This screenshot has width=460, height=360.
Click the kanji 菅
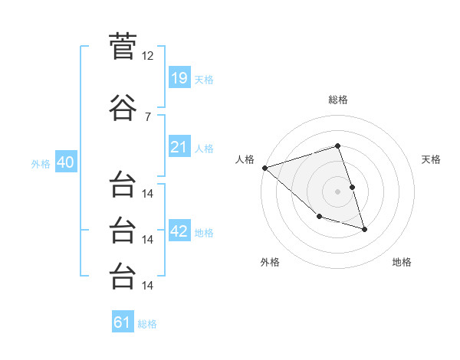123,46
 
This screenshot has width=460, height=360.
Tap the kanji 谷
123,107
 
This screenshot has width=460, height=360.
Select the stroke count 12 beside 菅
147,56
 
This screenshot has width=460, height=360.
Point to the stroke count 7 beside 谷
148,117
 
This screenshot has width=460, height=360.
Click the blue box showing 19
179,77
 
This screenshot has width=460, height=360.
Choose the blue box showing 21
179,146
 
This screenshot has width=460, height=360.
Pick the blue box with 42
179,230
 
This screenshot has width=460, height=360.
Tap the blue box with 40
66,162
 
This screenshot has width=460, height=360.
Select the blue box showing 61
123,321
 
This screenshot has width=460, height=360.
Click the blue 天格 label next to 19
204,80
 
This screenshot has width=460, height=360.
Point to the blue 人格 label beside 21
204,149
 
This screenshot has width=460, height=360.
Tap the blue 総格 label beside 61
147,324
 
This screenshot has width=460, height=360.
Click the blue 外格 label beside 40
41,164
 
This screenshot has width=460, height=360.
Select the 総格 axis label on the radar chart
338,100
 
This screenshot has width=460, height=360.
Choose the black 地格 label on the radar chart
402,262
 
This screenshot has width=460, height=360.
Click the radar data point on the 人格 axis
265,168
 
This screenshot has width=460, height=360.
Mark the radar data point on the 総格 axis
337,146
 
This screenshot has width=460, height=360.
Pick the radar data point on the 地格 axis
364,230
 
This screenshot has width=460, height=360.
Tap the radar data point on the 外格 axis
320,216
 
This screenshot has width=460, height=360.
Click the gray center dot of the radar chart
337,191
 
